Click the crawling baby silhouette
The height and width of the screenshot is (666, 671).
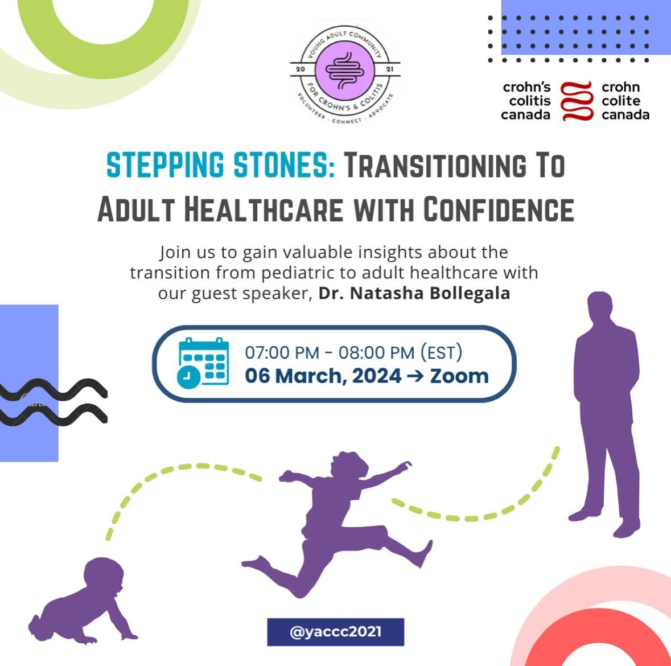coord(85,603)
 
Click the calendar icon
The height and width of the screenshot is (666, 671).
coord(204,363)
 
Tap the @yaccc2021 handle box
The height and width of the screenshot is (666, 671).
coord(335,632)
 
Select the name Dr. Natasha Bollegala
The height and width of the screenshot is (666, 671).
coord(414,294)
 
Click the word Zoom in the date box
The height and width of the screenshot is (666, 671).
coord(459,376)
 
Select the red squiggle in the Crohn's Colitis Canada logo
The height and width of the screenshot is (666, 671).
coord(577,101)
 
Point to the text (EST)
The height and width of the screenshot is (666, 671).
coord(441,352)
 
